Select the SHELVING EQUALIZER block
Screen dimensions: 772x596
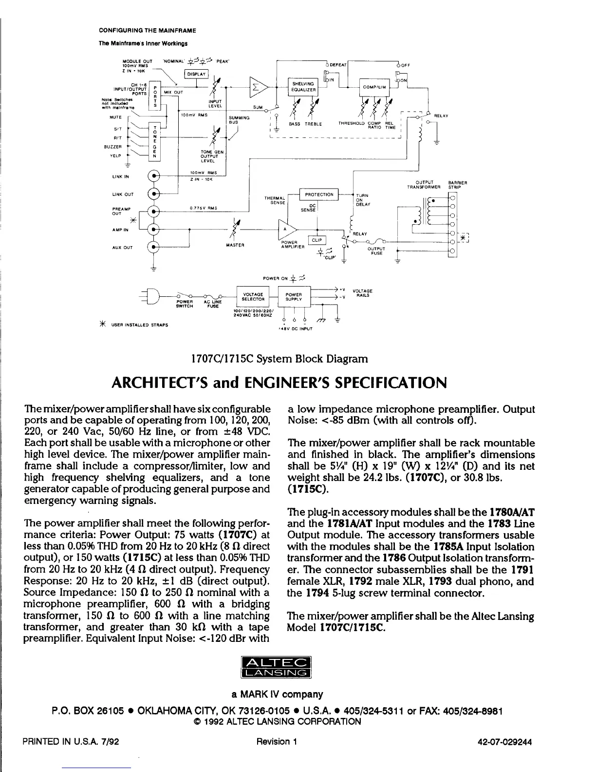(x=302, y=86)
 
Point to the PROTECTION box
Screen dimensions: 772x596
(x=319, y=194)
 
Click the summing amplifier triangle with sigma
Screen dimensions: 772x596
(x=257, y=88)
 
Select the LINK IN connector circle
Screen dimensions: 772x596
(x=154, y=176)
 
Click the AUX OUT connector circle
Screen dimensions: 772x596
(x=154, y=247)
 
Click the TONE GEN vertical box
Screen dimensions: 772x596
(x=154, y=141)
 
